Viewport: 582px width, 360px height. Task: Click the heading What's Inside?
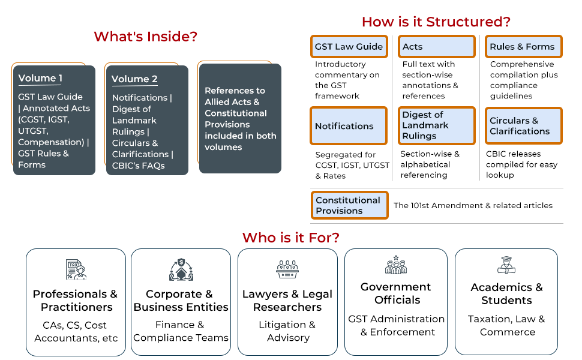tap(145, 37)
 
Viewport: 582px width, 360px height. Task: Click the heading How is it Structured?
tap(436, 22)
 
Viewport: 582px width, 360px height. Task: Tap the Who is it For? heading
tap(291, 238)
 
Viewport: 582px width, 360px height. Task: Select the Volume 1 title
tap(40, 78)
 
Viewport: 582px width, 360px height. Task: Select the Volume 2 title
tap(134, 79)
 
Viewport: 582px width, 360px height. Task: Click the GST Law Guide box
tap(349, 47)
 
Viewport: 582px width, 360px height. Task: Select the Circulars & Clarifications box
tap(523, 125)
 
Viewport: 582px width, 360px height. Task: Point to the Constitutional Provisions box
tap(349, 205)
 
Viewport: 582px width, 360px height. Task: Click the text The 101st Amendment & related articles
tap(473, 205)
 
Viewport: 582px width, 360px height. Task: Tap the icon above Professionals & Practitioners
tap(76, 269)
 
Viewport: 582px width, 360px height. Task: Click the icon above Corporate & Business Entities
tap(181, 269)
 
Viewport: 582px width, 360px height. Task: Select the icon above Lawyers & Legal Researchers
tap(287, 269)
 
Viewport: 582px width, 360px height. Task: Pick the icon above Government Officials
tap(396, 265)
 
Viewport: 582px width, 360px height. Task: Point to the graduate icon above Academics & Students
tap(506, 265)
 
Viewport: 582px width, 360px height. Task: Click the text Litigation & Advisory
tap(287, 331)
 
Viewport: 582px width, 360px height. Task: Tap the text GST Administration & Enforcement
tap(397, 325)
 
